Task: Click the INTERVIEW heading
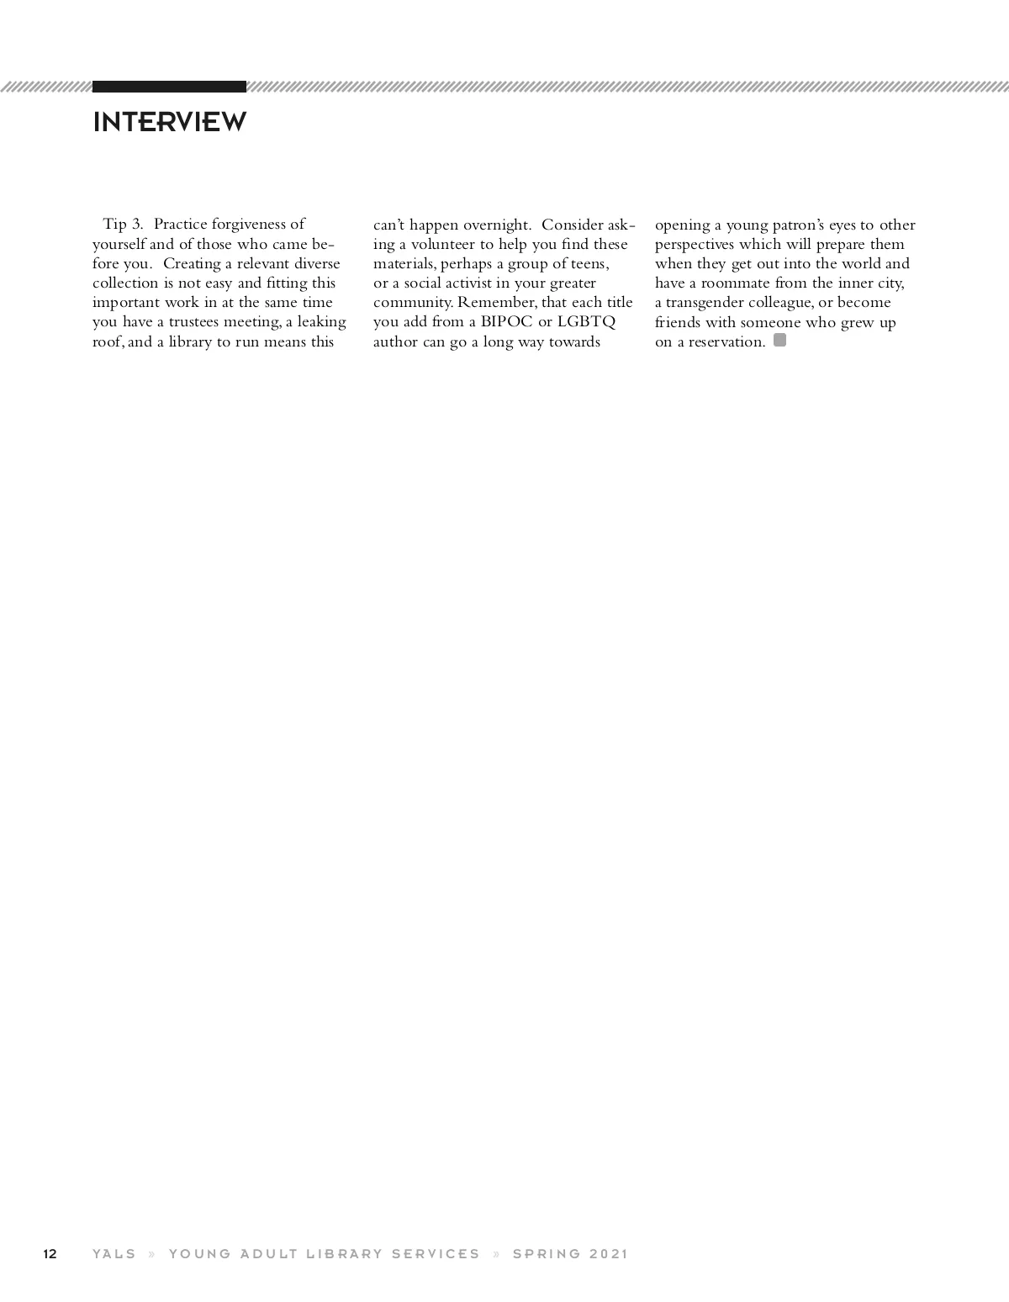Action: tap(169, 122)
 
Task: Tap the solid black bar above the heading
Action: tap(169, 87)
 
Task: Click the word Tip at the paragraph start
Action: tap(114, 224)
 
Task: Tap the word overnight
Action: tap(496, 225)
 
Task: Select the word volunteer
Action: tap(443, 244)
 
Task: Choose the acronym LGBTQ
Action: tap(586, 322)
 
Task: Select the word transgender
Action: tap(705, 303)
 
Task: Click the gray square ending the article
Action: tap(779, 341)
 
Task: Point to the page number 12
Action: tap(50, 1254)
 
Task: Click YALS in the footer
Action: tap(114, 1254)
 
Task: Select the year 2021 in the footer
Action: tap(609, 1254)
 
